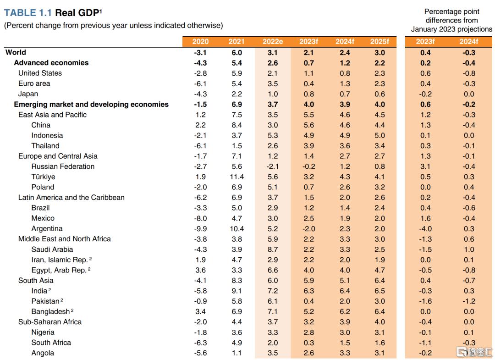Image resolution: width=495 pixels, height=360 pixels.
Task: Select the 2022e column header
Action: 273,42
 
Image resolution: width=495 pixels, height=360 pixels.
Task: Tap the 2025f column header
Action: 379,42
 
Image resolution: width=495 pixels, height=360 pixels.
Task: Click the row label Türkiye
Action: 43,177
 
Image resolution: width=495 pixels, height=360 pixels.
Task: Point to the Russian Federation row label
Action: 63,166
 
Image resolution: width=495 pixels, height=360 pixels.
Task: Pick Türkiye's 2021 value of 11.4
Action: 236,177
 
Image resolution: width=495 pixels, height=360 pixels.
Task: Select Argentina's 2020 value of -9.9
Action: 200,228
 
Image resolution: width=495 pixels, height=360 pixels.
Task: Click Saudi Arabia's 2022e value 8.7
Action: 273,249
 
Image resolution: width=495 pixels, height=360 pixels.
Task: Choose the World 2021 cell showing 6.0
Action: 236,52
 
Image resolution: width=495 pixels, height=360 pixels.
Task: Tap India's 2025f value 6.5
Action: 379,291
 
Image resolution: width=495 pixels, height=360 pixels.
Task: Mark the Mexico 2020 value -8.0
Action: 200,218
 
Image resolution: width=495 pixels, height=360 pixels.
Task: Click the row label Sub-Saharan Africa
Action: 50,322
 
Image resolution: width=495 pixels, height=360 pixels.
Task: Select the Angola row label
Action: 43,353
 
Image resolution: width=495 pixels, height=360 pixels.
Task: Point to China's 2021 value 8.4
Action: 236,125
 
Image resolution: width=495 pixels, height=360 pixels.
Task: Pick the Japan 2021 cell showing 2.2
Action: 236,94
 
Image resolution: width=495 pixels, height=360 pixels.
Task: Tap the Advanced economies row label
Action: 51,63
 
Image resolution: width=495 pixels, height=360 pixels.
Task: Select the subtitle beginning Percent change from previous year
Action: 113,26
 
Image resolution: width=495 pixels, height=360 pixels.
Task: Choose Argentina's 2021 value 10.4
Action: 236,228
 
